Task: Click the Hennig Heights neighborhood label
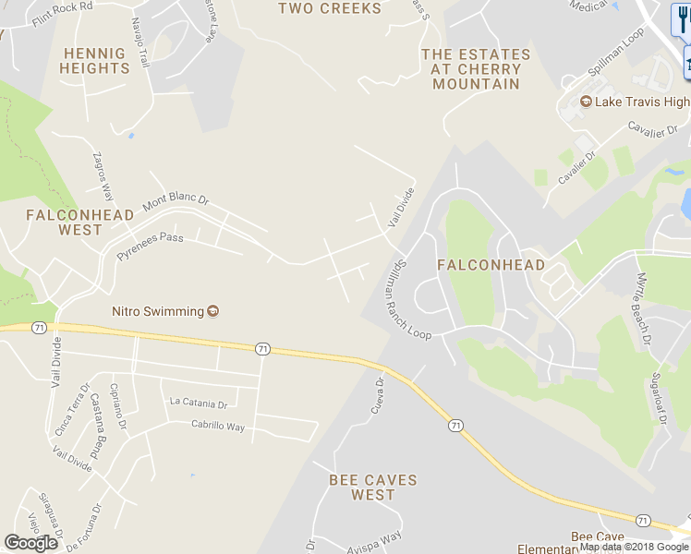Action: [94, 61]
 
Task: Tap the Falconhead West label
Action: [79, 222]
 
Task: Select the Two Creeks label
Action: [330, 8]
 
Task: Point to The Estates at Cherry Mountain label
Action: [476, 69]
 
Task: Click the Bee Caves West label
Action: [373, 488]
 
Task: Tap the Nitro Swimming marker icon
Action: [213, 311]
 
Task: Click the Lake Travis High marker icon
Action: [585, 102]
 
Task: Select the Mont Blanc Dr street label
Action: [176, 203]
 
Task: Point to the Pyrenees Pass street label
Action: [150, 245]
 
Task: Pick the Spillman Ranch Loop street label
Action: [405, 297]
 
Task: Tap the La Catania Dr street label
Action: [199, 403]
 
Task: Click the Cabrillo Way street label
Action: [217, 427]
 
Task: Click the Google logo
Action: [30, 543]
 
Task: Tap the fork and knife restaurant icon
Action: [681, 19]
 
